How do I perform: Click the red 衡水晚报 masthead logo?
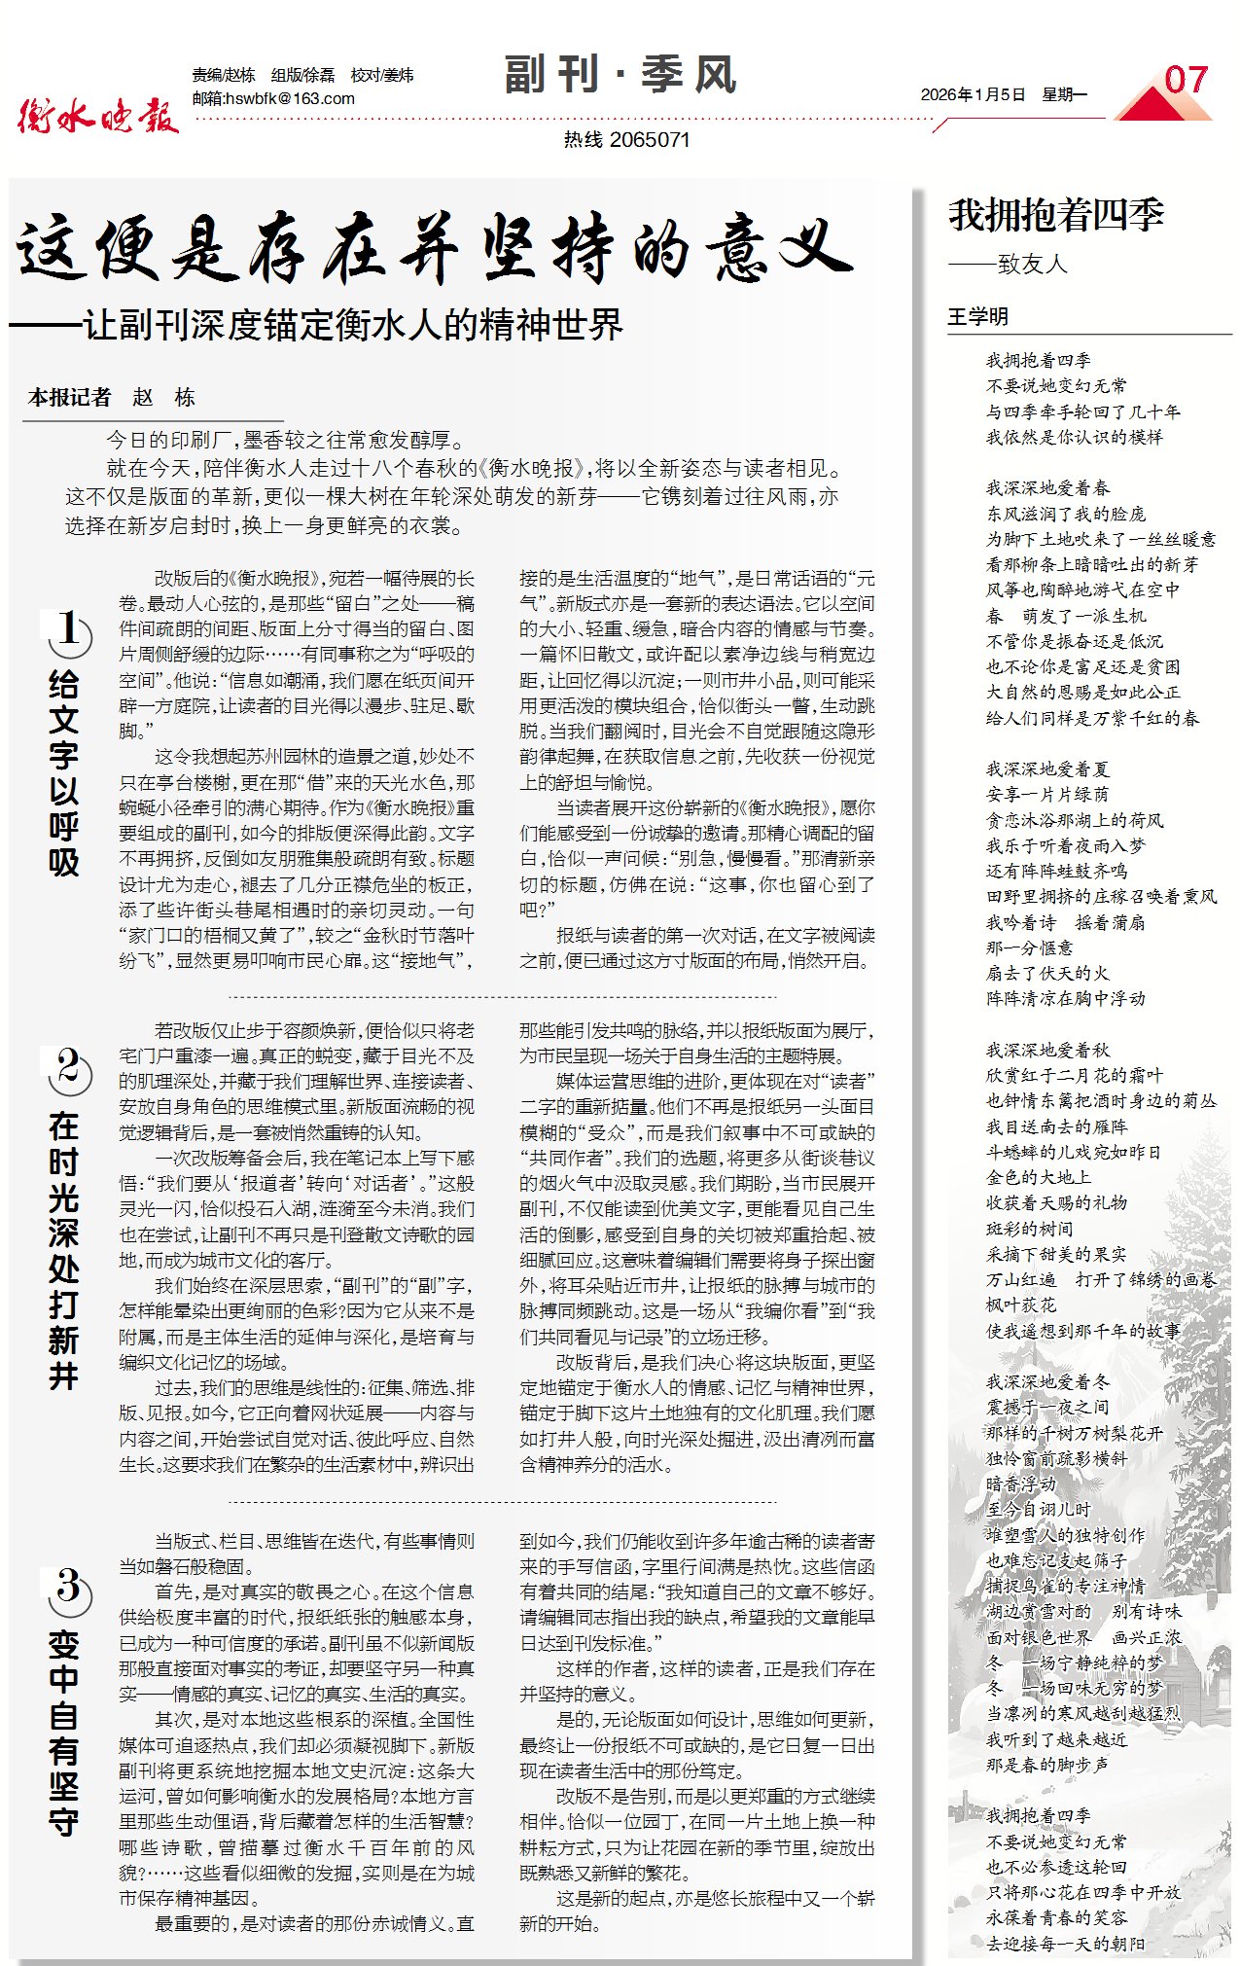pos(98,116)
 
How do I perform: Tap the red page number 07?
pos(1186,81)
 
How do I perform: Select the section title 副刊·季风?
pos(620,75)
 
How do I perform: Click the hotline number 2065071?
pos(651,139)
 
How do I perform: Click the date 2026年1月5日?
pos(973,94)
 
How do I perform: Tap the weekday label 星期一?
pos(1064,94)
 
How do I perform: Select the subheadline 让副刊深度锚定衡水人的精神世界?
pos(352,324)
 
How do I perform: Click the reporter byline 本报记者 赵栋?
pos(112,397)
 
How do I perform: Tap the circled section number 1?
pos(68,631)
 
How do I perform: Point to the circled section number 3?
pos(68,1589)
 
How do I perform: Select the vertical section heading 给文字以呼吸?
pos(64,772)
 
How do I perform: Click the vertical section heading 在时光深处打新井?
pos(64,1250)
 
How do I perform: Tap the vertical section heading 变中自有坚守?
pos(64,1732)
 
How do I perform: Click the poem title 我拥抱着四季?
pos(1056,215)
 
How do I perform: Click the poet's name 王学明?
pos(977,316)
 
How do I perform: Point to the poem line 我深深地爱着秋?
pos(1047,1050)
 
